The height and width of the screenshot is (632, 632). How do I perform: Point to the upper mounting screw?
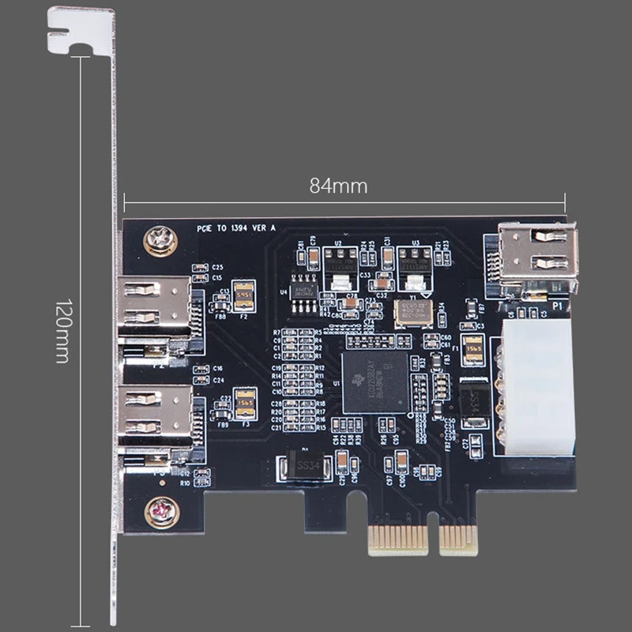click(x=160, y=239)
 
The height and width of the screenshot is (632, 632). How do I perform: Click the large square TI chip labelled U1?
click(x=374, y=382)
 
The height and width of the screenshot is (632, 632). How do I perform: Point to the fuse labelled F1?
click(x=473, y=348)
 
